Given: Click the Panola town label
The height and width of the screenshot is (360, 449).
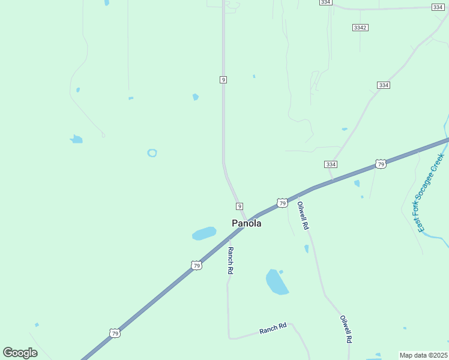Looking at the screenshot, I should click(246, 223).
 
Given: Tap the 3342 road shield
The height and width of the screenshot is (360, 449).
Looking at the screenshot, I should click(360, 28).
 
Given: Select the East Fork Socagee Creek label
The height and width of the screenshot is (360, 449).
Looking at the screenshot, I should click(431, 192).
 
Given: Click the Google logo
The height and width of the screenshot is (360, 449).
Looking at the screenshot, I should click(20, 353).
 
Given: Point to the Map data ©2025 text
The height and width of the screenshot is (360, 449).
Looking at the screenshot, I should click(423, 355).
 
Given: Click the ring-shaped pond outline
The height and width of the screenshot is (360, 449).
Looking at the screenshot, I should click(152, 153).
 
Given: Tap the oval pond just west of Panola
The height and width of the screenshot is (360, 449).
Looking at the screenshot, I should click(204, 233).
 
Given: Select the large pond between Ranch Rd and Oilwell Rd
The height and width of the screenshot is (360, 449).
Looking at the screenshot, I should click(276, 281).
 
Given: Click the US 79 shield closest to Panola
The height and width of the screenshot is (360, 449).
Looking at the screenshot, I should click(282, 203).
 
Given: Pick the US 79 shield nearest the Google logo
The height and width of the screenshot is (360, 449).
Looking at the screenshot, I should click(115, 333).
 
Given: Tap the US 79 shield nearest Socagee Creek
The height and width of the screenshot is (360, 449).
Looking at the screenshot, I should click(381, 164).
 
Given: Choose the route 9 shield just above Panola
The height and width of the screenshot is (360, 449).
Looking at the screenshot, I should click(240, 206).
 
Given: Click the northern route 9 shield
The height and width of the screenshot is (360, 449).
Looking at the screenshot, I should click(223, 80).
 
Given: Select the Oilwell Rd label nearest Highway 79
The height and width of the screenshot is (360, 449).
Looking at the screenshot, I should click(303, 216).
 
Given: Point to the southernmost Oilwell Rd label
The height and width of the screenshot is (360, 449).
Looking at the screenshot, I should click(345, 329).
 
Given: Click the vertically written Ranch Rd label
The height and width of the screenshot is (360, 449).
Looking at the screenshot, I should click(230, 260).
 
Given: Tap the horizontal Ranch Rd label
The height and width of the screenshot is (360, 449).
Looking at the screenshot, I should click(273, 329).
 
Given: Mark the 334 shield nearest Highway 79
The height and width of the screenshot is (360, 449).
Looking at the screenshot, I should click(331, 164).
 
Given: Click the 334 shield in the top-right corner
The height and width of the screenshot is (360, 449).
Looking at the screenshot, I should click(438, 7).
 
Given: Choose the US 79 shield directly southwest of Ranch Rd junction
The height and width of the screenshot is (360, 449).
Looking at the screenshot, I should click(196, 265).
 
